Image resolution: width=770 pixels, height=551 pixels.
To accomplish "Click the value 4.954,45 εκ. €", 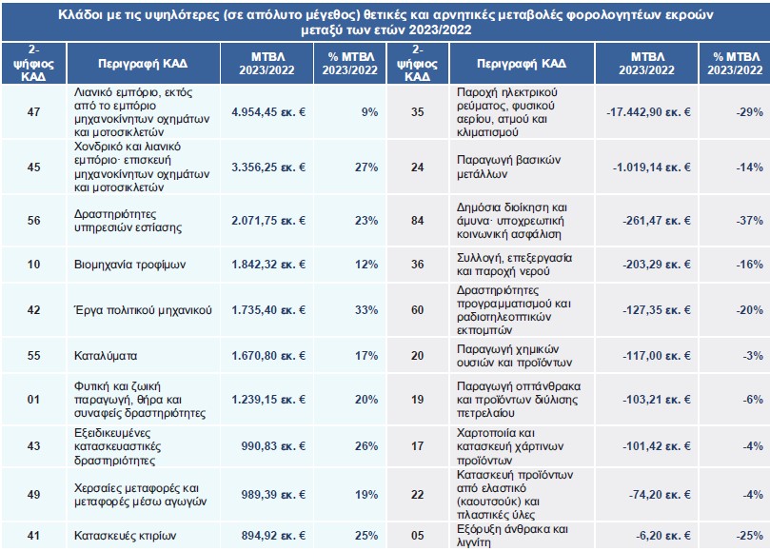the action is click(x=268, y=112).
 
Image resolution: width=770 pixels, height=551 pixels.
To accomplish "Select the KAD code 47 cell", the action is click(x=33, y=112).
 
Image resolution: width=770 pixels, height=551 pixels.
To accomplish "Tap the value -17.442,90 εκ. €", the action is click(x=648, y=112).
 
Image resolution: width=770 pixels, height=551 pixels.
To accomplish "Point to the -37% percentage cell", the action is click(x=749, y=221).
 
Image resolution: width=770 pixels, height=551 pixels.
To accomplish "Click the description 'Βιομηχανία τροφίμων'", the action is click(x=129, y=265).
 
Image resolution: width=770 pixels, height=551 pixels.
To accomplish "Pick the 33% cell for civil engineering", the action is click(x=366, y=310).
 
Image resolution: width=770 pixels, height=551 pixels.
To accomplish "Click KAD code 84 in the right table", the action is click(x=418, y=221).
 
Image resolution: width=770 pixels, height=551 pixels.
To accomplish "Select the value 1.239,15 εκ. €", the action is click(x=268, y=400).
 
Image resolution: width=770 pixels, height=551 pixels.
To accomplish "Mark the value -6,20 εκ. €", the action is click(x=663, y=535).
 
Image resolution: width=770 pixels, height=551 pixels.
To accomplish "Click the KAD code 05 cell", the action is click(x=418, y=535).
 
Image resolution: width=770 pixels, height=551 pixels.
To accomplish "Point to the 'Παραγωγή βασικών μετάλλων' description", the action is click(x=508, y=167).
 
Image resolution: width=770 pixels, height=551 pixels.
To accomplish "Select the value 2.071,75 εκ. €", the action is click(x=268, y=221).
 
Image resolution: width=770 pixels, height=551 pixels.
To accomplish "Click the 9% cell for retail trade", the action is click(x=370, y=112).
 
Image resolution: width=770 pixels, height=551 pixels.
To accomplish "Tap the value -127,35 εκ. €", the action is click(x=657, y=310).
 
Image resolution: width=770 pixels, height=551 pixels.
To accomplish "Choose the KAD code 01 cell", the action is click(x=33, y=400).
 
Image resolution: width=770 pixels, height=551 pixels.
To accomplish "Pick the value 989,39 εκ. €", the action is click(x=273, y=495).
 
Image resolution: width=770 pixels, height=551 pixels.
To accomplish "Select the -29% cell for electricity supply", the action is click(x=749, y=112).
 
